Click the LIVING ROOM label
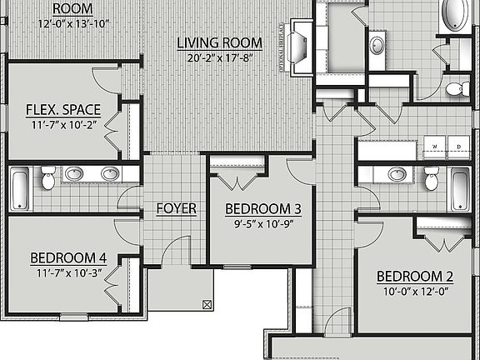[x=220, y=42]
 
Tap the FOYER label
[x=176, y=208]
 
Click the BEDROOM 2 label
[x=414, y=277]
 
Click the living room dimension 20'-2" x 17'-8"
[x=220, y=57]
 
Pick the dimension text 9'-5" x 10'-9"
[x=262, y=223]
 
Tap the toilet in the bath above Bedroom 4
[x=48, y=177]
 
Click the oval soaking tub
[x=456, y=15]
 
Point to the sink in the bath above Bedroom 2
[x=397, y=174]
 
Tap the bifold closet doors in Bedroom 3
[x=237, y=181]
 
